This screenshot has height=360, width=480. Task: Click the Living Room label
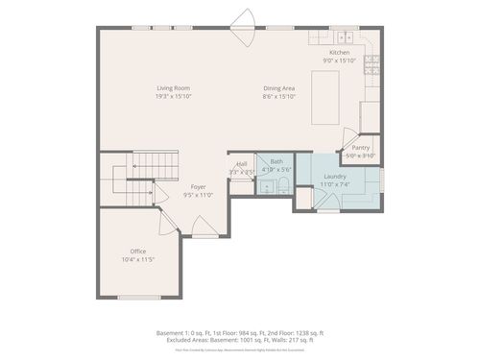tap(174, 88)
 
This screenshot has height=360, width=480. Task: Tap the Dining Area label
tap(279, 88)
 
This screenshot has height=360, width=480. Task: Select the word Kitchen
tap(340, 52)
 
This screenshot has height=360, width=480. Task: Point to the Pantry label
tap(360, 148)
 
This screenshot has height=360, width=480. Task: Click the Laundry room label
tap(335, 177)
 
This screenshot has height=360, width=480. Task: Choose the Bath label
tap(276, 161)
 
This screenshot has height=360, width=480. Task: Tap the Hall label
tap(241, 164)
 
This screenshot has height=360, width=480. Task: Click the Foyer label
tap(198, 186)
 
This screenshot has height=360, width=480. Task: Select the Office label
tap(138, 252)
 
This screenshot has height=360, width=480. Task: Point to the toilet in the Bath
tap(284, 185)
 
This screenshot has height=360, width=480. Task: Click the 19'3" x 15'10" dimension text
tap(174, 97)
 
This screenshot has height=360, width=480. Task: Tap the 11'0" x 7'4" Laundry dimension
tap(335, 185)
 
